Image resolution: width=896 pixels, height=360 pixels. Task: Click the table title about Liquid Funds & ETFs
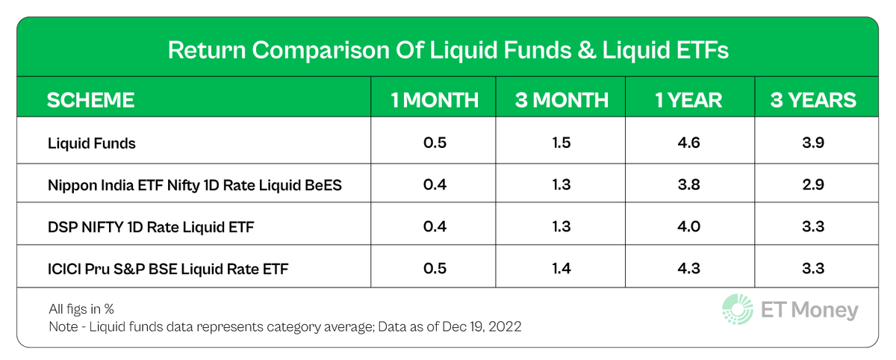[447, 51]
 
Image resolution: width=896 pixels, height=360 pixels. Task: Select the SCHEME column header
[91, 100]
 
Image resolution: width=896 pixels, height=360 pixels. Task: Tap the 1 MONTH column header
[435, 100]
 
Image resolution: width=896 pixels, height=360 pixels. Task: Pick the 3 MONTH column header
[561, 100]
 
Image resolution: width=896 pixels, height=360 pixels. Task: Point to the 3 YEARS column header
[813, 100]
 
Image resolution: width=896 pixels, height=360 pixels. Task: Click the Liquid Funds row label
[91, 143]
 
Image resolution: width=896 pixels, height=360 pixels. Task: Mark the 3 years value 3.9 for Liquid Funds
[813, 143]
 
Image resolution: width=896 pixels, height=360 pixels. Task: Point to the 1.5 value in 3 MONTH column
[561, 143]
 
